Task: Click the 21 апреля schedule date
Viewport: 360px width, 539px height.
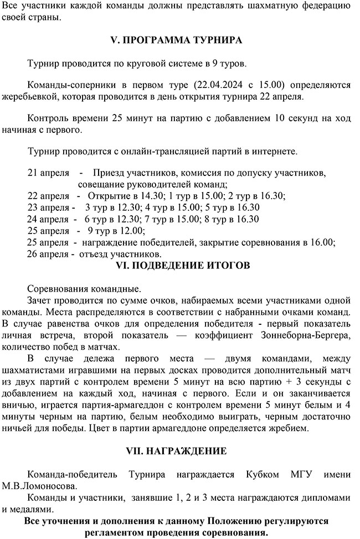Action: click(48, 173)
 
